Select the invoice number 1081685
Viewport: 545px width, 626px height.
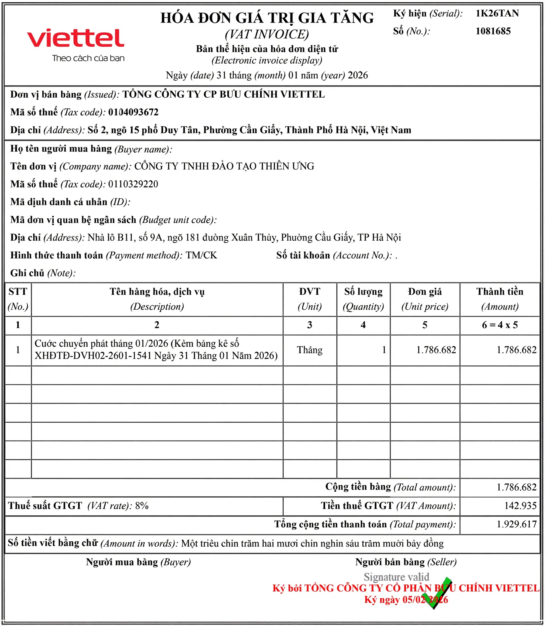pos(493,31)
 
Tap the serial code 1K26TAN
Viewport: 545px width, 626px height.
pos(497,13)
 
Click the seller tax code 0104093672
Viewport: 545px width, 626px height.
pos(133,112)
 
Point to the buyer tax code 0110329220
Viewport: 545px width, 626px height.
pos(133,184)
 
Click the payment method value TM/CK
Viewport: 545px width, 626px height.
pos(201,255)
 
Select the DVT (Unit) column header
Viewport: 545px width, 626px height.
pos(310,299)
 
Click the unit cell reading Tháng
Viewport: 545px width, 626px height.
pos(310,350)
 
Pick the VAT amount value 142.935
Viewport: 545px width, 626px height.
pos(520,506)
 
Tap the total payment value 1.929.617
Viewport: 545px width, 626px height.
pos(516,524)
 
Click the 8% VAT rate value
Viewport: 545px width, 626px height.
pos(142,506)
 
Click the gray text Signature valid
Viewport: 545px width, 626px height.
pos(396,577)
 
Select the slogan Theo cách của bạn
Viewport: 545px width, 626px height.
pos(88,58)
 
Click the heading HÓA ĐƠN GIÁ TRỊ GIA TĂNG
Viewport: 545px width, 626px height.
pos(267,18)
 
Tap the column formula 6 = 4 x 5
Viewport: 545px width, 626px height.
pos(499,325)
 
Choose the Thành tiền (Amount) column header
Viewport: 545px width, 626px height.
pos(499,299)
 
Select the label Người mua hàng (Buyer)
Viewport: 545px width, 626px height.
pos(138,562)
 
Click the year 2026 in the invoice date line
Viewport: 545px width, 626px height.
pos(358,75)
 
